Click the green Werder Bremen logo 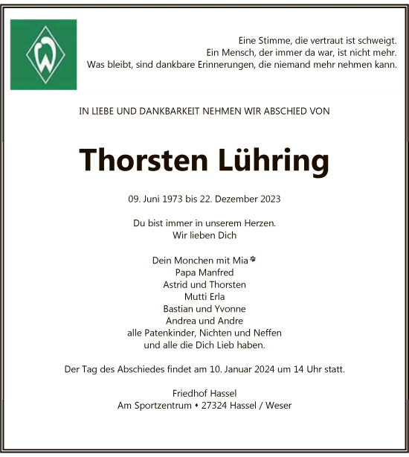(43, 54)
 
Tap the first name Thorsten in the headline (139, 160)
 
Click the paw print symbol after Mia (254, 260)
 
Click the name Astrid (176, 284)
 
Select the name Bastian (179, 308)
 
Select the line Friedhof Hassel (204, 394)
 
